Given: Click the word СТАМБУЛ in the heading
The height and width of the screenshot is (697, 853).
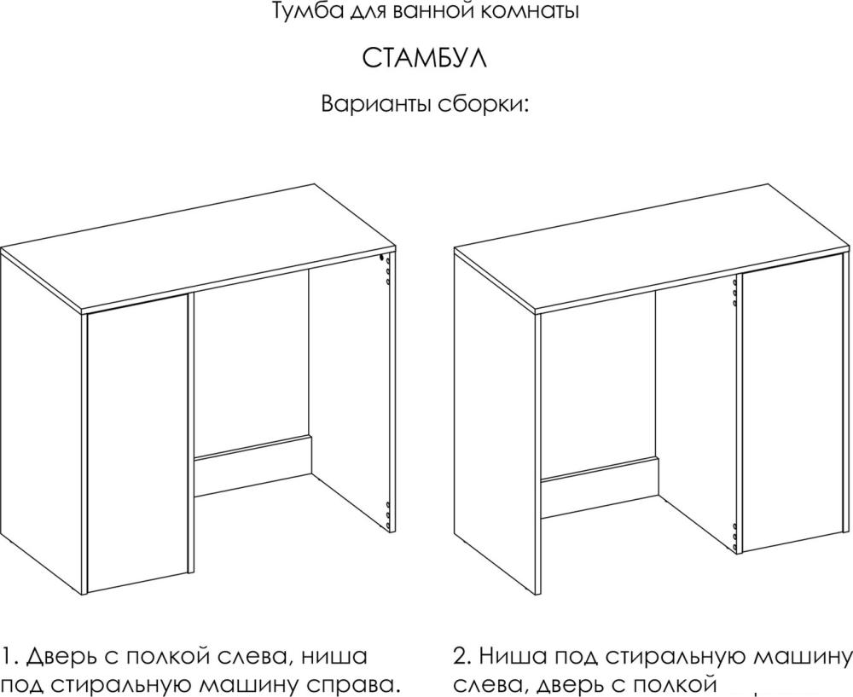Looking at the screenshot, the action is coord(424,59).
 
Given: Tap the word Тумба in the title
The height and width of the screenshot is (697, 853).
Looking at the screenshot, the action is coord(298,11).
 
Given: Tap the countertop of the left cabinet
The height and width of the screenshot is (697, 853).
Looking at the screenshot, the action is coord(199,249).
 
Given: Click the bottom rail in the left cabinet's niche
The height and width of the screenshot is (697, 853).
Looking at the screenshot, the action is coord(254,466).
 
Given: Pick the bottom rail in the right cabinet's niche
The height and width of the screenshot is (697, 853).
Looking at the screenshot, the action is coord(600,488).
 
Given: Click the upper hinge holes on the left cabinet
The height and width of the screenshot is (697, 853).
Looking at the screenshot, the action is coord(386,270).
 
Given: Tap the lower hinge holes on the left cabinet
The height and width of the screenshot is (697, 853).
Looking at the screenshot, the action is coord(386,514).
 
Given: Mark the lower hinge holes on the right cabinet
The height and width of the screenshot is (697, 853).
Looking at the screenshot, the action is coord(734,536).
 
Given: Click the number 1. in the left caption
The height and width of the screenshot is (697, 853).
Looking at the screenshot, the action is coord(11,656).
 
